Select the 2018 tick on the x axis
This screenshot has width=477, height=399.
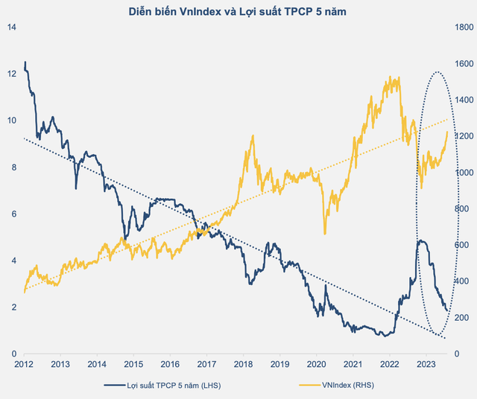(243, 364)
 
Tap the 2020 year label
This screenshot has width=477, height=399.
(316, 364)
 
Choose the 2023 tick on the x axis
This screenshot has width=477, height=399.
(426, 364)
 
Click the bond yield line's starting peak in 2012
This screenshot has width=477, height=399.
(25, 62)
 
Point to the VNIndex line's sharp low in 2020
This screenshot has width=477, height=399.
(325, 234)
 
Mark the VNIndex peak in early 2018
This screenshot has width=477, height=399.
(253, 135)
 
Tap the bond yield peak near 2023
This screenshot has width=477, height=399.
(420, 240)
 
